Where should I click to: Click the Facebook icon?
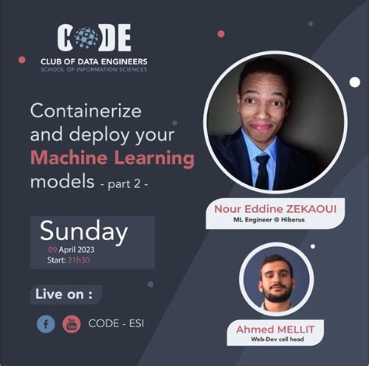pyautogui.click(x=46, y=323)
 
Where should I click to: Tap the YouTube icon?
pyautogui.click(x=72, y=323)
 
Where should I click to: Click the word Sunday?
pyautogui.click(x=83, y=231)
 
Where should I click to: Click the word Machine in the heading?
pyautogui.click(x=64, y=159)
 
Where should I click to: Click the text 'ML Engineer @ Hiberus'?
pyautogui.click(x=275, y=221)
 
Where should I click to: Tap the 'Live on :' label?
pyautogui.click(x=66, y=295)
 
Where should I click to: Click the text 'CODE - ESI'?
pyautogui.click(x=116, y=323)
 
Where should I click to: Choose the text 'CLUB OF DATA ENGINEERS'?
pyautogui.click(x=93, y=61)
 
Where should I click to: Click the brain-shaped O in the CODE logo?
pyautogui.click(x=86, y=37)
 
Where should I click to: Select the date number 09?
pyautogui.click(x=53, y=249)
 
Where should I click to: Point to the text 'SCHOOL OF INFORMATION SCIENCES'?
pyautogui.click(x=93, y=70)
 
